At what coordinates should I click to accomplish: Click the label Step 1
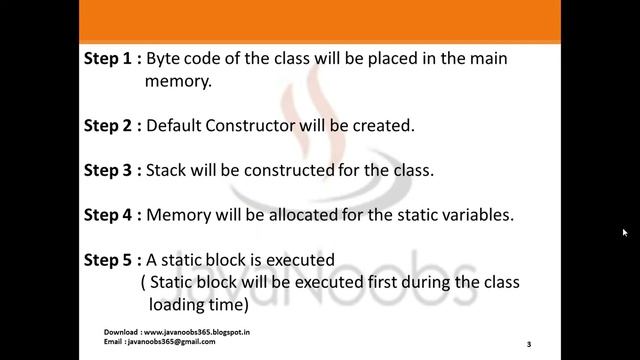108,59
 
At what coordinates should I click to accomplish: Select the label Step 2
108,126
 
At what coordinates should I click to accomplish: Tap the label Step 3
108,170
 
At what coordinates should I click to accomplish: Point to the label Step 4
108,214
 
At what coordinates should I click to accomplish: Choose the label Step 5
108,260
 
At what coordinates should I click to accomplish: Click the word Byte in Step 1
165,59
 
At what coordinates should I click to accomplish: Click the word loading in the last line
178,303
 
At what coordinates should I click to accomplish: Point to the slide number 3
529,344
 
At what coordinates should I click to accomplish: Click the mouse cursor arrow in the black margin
624,233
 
